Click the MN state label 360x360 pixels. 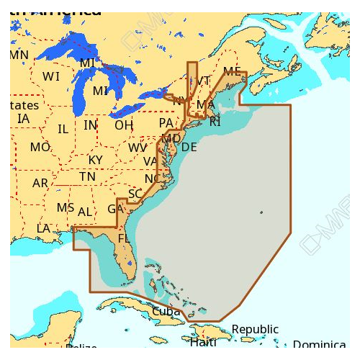point(19,55)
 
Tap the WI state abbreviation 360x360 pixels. point(51,76)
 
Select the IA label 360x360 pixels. point(24,119)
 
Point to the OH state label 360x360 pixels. point(124,125)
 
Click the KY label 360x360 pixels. point(95,160)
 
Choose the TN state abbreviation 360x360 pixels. point(87,176)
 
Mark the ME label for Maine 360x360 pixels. point(233,71)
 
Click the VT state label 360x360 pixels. point(204,81)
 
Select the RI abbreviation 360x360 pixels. point(215,122)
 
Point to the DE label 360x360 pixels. point(189,148)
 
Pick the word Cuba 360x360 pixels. point(166,312)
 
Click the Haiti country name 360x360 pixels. point(203,343)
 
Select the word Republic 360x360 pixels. point(255,330)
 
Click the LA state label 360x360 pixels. point(44,229)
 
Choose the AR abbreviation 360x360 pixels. point(40,184)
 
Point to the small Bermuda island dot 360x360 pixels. point(261,212)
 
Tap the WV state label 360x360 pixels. point(138,148)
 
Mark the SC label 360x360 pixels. point(135,194)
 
